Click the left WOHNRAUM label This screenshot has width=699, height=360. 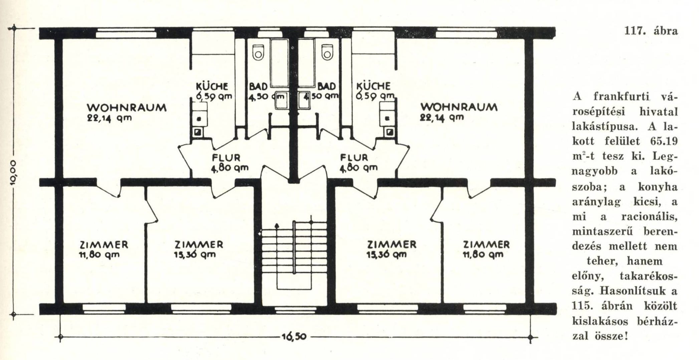pyautogui.click(x=127, y=108)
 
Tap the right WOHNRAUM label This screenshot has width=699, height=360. pyautogui.click(x=459, y=107)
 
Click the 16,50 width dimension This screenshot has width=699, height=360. pyautogui.click(x=294, y=336)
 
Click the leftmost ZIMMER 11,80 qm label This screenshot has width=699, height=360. pyautogui.click(x=103, y=249)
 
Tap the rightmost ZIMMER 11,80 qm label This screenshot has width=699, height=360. pyautogui.click(x=486, y=249)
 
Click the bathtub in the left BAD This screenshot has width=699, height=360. pyautogui.click(x=279, y=63)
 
